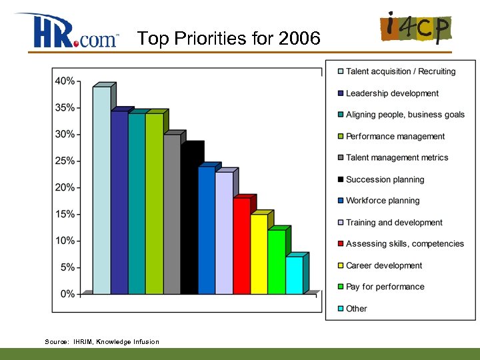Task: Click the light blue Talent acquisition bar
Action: click(101, 190)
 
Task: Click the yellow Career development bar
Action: click(259, 253)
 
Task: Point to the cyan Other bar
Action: click(294, 275)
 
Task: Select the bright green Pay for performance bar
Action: click(276, 261)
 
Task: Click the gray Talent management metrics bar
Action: click(171, 213)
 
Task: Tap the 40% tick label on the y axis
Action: click(65, 81)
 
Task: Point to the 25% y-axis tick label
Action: click(65, 161)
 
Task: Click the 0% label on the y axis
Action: click(67, 293)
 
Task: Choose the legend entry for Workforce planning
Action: click(383, 201)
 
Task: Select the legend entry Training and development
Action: click(394, 223)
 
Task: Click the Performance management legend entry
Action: click(395, 136)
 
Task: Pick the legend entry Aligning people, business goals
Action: click(405, 115)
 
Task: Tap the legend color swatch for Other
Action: click(340, 309)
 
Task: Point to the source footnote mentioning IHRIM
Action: click(102, 342)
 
